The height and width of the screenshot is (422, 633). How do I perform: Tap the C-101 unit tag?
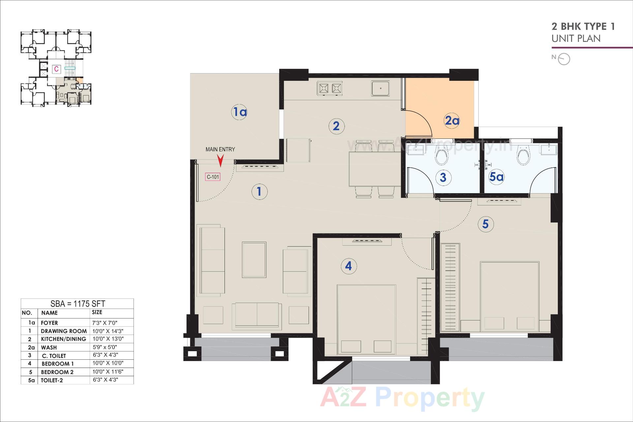coord(213,177)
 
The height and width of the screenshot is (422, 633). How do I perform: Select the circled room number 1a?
coord(239,112)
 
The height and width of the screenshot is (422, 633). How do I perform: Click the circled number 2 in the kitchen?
coord(336,126)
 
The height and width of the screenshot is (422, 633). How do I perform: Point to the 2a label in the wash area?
coord(452,121)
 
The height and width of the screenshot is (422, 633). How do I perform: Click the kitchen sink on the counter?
coord(380,88)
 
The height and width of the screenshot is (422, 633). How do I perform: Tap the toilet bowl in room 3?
coord(441,157)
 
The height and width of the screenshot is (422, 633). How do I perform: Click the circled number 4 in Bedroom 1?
coord(348,266)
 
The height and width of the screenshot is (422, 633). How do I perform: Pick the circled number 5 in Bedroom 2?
coord(485,224)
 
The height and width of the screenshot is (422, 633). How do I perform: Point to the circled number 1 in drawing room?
coord(259,192)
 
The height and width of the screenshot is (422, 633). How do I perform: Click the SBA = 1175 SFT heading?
coord(77,304)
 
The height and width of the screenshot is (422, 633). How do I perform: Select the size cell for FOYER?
coord(105,323)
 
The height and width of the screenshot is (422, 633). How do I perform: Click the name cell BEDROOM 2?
coord(57,372)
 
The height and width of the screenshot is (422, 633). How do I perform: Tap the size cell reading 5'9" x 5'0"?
coord(105,347)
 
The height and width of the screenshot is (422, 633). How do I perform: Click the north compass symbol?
coord(564,59)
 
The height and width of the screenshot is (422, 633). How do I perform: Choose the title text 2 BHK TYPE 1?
coord(583,26)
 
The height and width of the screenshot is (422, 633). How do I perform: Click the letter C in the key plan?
coord(57,69)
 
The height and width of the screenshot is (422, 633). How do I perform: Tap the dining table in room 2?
coord(375,169)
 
